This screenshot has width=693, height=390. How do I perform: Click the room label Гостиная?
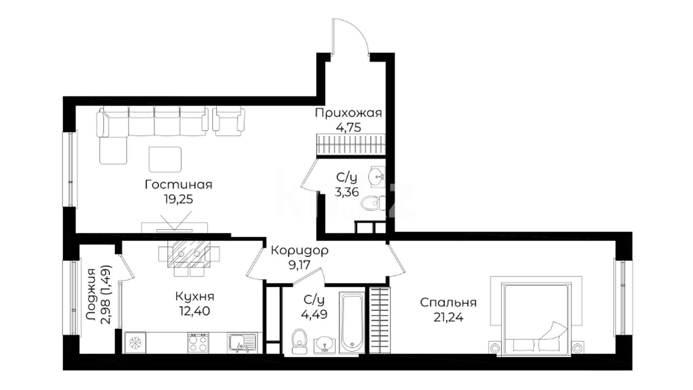click(x=178, y=185)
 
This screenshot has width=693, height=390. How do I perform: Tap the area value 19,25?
click(x=178, y=199)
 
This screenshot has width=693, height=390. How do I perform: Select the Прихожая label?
click(x=348, y=113)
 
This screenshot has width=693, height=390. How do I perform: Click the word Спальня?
click(x=448, y=302)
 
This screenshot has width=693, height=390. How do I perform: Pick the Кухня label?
click(x=195, y=296)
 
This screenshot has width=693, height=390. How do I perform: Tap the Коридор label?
click(x=300, y=250)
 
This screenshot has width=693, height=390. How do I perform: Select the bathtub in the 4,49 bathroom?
click(x=352, y=322)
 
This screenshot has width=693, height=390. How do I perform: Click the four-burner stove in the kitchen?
click(x=198, y=343)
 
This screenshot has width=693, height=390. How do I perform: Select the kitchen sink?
click(x=242, y=343)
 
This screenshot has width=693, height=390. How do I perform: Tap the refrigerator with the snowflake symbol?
click(x=136, y=342)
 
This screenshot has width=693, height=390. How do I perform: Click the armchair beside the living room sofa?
click(x=228, y=121)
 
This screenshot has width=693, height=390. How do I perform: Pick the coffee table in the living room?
click(x=165, y=159)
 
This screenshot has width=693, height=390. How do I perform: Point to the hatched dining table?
click(x=189, y=254)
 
